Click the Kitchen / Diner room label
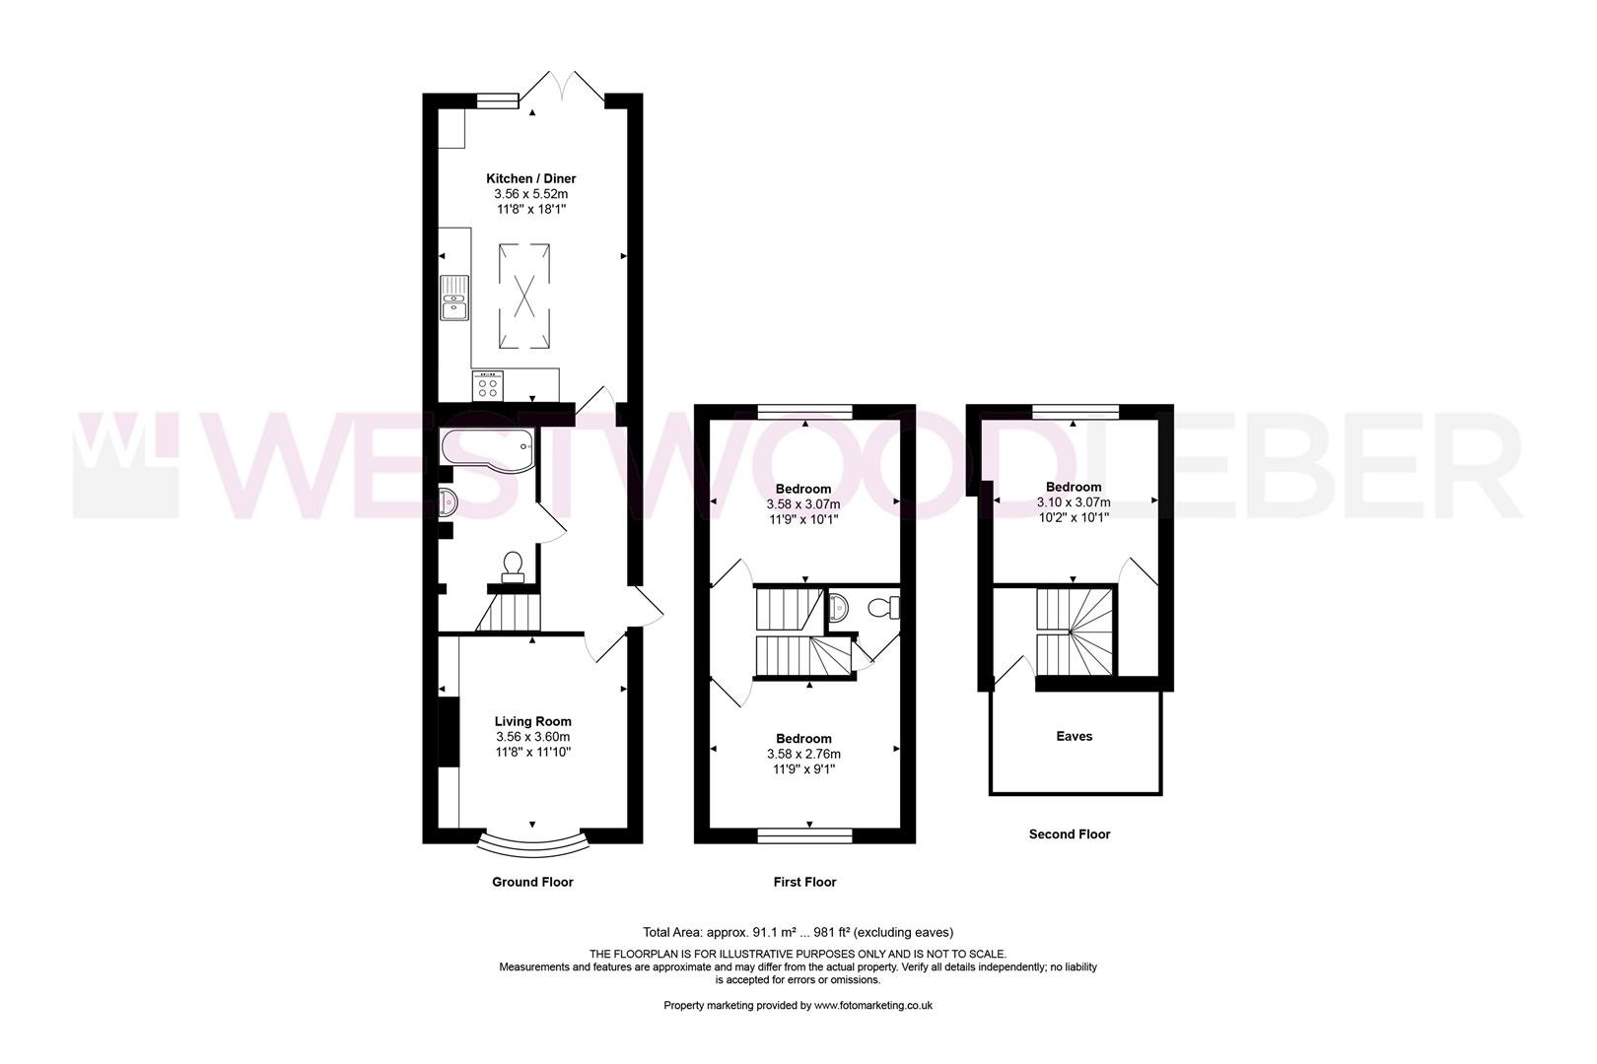click(530, 178)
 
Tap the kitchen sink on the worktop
click(454, 298)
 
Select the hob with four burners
click(487, 385)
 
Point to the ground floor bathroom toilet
click(513, 566)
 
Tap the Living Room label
click(532, 721)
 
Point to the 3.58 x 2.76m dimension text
click(803, 754)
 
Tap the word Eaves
click(1074, 736)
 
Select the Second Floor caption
click(1069, 833)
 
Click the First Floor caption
click(804, 882)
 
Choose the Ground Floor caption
click(532, 882)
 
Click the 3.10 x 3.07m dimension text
click(1073, 501)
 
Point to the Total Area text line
click(798, 932)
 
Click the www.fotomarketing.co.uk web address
click(873, 1005)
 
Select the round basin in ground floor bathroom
click(449, 503)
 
